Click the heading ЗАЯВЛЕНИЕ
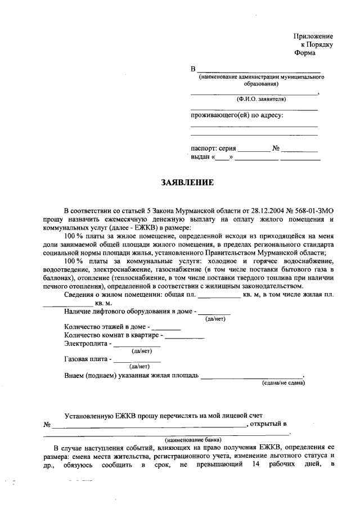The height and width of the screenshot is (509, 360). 188,183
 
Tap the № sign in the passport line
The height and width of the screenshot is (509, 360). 276,148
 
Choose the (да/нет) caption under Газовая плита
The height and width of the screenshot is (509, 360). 138,367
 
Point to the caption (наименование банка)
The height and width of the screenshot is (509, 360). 193,440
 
